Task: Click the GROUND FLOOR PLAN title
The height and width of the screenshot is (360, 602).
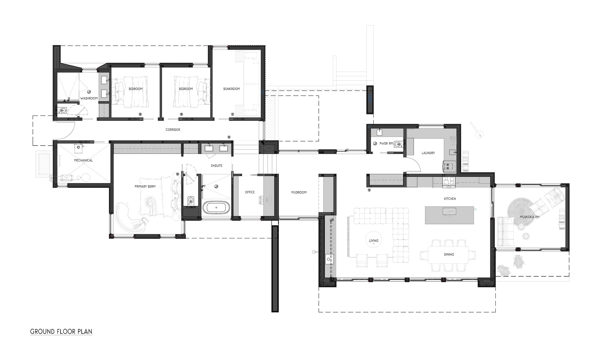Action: [61, 332]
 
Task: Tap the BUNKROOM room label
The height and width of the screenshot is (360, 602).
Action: [231, 89]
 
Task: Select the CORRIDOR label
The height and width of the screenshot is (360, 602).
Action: [173, 130]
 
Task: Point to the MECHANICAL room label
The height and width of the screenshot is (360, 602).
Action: [83, 160]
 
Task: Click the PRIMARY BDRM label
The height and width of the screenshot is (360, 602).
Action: [145, 187]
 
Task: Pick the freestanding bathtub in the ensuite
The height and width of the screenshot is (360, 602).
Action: [216, 208]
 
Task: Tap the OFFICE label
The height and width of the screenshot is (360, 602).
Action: [250, 192]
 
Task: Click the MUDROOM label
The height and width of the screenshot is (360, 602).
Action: [299, 192]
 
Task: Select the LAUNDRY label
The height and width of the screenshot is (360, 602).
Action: [428, 153]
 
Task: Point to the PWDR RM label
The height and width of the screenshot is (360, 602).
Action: [386, 144]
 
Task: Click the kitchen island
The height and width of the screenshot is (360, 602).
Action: [449, 215]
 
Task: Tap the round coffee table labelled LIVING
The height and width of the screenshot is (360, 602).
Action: [374, 241]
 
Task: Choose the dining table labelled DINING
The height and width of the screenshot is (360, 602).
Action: [448, 255]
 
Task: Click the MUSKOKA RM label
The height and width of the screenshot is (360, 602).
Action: [529, 217]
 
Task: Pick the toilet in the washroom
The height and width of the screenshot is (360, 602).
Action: [62, 111]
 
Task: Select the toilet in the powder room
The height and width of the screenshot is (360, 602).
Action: [398, 144]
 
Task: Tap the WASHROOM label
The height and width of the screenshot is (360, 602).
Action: [89, 98]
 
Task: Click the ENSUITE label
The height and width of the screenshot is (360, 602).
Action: [217, 166]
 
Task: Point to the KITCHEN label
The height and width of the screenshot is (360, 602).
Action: [450, 199]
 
